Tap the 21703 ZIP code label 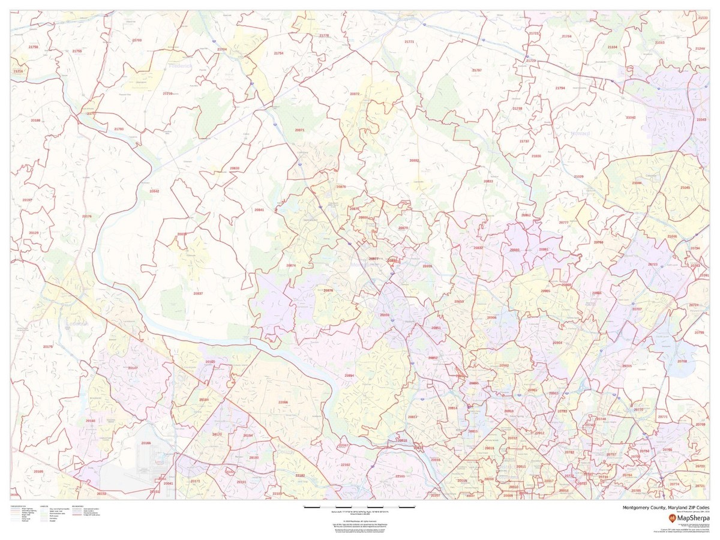(137, 40)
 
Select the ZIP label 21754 (278, 53)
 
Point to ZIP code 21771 (409, 41)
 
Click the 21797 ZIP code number (477, 70)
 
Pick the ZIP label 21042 (631, 118)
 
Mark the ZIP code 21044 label (637, 182)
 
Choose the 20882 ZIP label (415, 160)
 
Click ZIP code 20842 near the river (154, 191)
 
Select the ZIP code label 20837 (198, 293)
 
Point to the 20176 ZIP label (87, 216)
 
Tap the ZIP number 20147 (133, 367)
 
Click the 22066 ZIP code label (283, 402)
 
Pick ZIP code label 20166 (146, 443)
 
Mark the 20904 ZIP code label (557, 343)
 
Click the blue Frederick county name (180, 67)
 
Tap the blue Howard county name (580, 133)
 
